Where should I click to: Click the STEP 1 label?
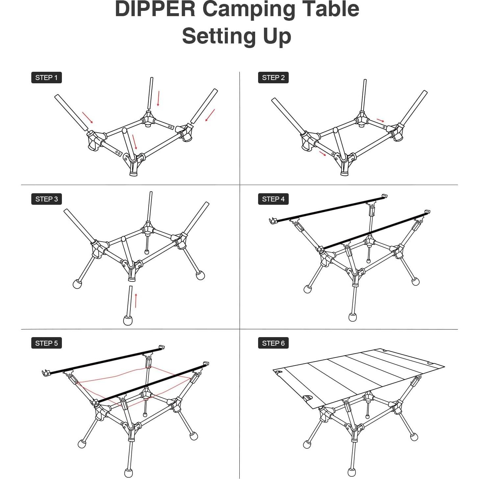coord(46,78)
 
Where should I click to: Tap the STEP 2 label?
coord(273,78)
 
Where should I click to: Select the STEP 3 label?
coord(46,199)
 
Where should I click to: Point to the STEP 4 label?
coord(273,199)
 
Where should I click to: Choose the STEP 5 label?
coord(46,343)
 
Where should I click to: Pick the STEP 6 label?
coord(273,343)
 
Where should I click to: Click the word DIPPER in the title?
coord(155,9)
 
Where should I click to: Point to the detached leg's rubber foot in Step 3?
coord(128,320)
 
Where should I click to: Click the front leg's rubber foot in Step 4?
coord(353,317)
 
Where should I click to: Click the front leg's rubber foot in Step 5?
coord(128,473)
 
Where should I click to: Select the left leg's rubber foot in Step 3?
coord(77,284)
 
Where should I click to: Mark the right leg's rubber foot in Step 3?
coord(200,276)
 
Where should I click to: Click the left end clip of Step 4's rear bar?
coord(273,221)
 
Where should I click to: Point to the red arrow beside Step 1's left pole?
coord(88,117)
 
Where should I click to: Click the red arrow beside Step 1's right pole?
coord(210,115)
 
